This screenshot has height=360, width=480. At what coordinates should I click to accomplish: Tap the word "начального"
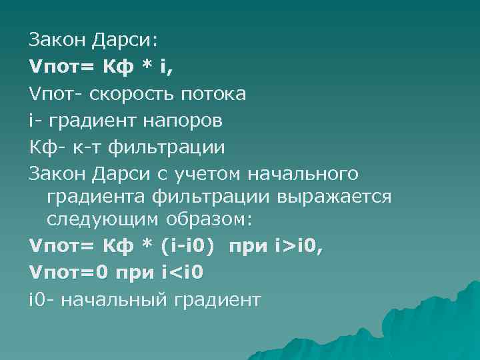[303, 174]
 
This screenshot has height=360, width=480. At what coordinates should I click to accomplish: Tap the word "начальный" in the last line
[119, 301]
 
